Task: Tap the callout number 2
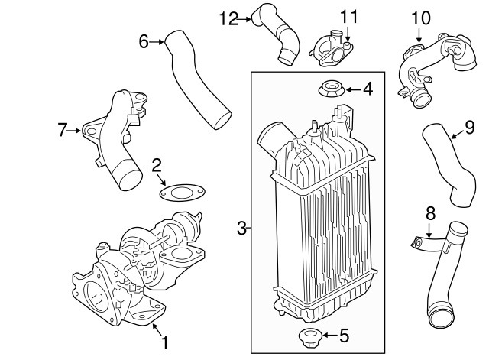click(x=157, y=164)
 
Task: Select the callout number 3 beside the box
click(x=241, y=228)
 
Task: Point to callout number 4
click(x=368, y=90)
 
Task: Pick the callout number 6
click(x=143, y=41)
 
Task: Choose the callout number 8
click(x=430, y=213)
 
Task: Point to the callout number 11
click(x=348, y=16)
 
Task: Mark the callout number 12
click(x=228, y=18)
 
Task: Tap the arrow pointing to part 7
click(x=78, y=131)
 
